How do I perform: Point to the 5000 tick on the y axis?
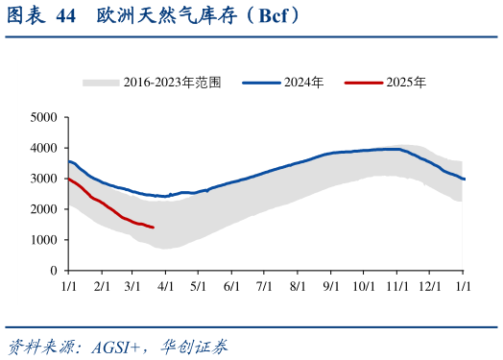point(44,117)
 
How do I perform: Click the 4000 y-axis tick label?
point(44,148)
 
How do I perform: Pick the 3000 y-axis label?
point(44,179)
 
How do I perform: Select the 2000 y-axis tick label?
point(44,209)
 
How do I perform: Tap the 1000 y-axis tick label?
point(44,240)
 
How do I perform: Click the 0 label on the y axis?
point(54,271)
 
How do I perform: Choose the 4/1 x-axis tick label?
point(165,286)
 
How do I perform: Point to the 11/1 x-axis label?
point(396,286)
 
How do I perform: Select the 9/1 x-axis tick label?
point(330,286)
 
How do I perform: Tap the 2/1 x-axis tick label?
point(101,286)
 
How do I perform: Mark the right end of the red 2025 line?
point(154,228)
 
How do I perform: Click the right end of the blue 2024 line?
point(465,179)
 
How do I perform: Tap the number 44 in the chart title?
point(64,16)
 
